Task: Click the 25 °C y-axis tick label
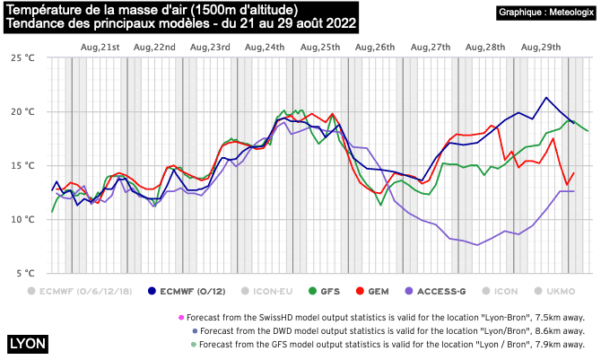click(22, 57)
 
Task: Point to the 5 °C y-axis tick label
click(24, 273)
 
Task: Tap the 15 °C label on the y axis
click(22, 165)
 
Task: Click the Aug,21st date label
click(100, 46)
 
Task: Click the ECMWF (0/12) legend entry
click(189, 291)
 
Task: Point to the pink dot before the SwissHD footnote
click(181, 317)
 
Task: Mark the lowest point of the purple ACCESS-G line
click(476, 245)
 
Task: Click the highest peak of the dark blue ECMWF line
click(545, 97)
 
